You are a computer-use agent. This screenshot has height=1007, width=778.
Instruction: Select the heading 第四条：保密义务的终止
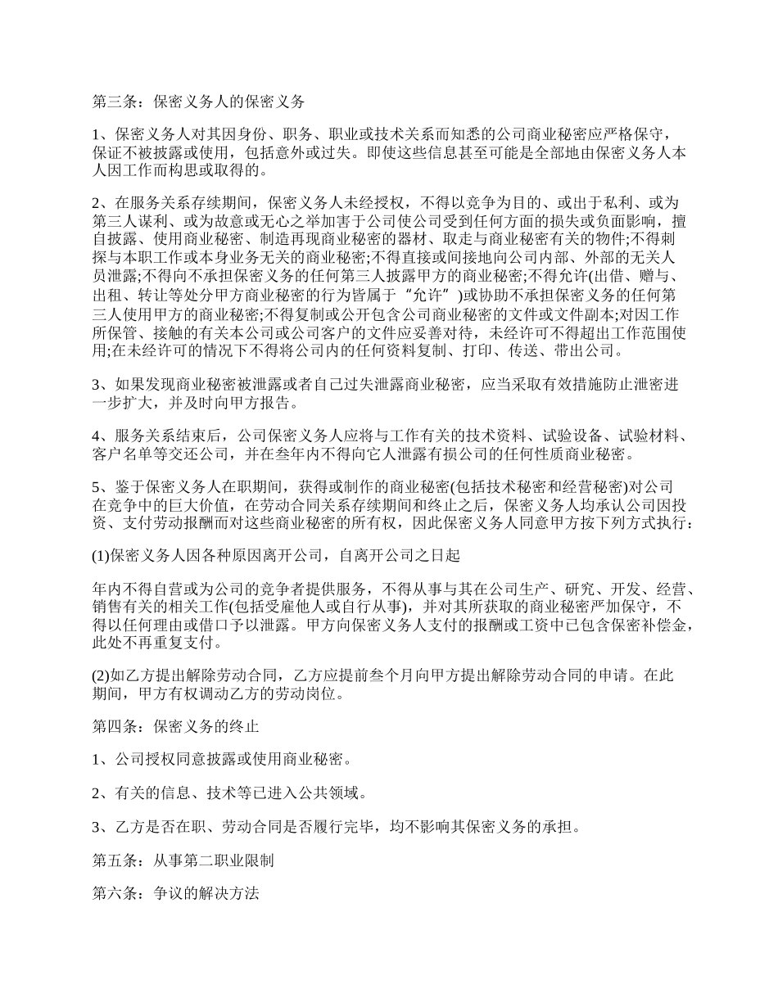[x=175, y=726]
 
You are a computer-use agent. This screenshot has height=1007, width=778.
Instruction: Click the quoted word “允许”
[x=427, y=295]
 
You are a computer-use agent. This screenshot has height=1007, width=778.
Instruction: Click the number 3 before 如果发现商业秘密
[x=96, y=384]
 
